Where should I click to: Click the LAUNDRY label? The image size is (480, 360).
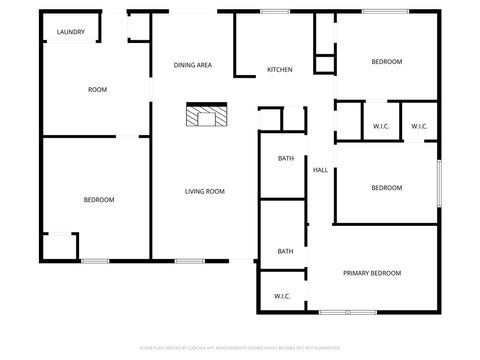[70, 32]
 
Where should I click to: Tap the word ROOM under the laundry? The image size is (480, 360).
[97, 90]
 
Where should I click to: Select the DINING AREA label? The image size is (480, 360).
[192, 65]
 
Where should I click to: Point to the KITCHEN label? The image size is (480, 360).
[279, 70]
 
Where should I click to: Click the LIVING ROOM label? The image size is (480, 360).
[204, 192]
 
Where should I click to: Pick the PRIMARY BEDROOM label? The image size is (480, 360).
[372, 273]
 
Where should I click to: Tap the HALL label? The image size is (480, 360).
[320, 170]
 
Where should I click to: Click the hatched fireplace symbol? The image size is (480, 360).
[205, 115]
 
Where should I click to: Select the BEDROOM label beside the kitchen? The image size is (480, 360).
[386, 62]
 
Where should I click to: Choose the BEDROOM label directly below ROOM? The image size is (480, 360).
[98, 200]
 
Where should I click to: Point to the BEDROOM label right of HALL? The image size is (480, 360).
[386, 188]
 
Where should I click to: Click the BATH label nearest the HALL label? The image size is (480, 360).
[285, 158]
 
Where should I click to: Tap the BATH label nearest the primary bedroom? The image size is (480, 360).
[285, 251]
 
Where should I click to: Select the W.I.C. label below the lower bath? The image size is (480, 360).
[282, 296]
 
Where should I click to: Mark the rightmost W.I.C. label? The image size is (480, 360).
[419, 126]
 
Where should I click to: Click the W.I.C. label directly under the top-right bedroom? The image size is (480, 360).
[381, 126]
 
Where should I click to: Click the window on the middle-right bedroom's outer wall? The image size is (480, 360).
[439, 185]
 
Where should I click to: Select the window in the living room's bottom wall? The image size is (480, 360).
[190, 261]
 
